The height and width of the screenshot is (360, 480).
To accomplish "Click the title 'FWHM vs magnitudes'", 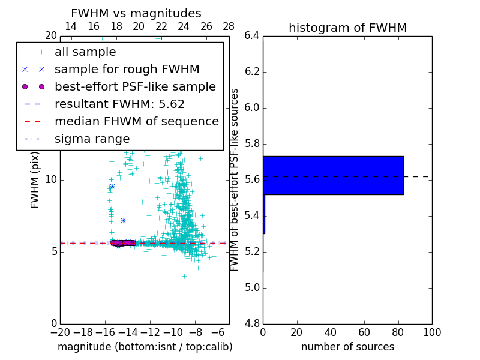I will [136, 13].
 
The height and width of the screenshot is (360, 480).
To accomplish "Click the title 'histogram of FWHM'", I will [347, 28].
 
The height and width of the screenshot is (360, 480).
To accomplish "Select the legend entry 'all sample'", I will [85, 52].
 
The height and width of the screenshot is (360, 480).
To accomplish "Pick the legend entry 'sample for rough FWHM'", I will [127, 69].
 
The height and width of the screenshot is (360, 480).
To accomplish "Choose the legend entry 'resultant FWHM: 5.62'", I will [119, 104].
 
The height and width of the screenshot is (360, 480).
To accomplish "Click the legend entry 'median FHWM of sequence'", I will [136, 121].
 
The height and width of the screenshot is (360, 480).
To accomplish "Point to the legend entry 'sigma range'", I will [92, 139].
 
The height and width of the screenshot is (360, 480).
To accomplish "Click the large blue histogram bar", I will [334, 175].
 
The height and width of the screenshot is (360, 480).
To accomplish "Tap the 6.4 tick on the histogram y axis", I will [251, 36].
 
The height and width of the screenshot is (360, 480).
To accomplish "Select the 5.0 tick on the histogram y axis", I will [251, 288].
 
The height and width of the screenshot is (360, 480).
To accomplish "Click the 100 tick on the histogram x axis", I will [431, 332].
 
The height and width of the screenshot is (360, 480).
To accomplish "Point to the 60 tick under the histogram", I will [364, 332].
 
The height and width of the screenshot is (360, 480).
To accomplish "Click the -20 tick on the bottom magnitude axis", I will [60, 332].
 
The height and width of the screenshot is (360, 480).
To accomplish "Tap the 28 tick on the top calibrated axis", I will [229, 26].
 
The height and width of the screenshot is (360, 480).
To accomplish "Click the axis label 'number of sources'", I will [347, 347].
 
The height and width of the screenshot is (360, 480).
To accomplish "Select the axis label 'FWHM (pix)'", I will [35, 180].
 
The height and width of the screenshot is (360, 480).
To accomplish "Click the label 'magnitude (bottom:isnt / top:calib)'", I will [145, 347].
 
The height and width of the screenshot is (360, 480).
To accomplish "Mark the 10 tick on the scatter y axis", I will [51, 180].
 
